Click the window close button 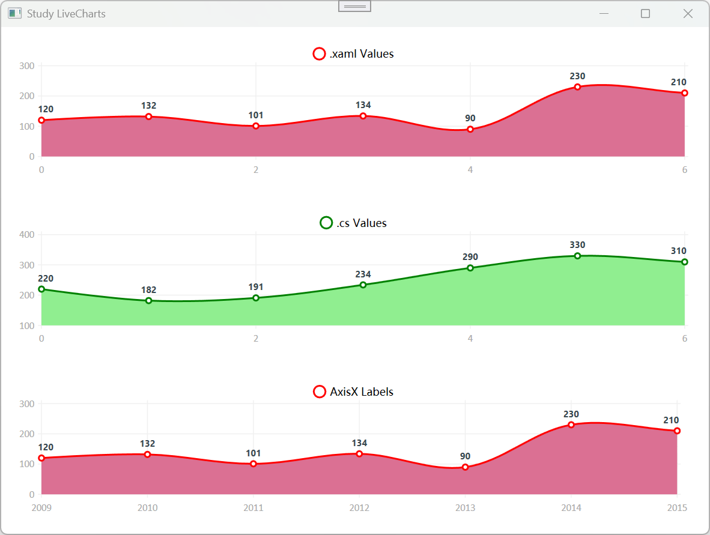[x=688, y=14]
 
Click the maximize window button [x=645, y=14]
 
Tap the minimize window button [x=604, y=14]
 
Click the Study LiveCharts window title [x=66, y=14]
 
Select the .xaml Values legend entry [x=354, y=54]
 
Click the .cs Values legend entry [x=354, y=223]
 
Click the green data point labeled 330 [x=577, y=256]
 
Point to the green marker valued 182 [x=148, y=301]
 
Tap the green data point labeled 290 [x=470, y=268]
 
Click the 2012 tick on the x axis [x=359, y=508]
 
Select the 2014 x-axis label [x=571, y=508]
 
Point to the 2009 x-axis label [x=41, y=508]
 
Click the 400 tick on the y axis [x=26, y=235]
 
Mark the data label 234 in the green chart [x=363, y=274]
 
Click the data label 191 [x=256, y=287]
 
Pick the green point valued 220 [x=41, y=289]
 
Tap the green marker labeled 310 [x=685, y=262]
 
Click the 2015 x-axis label [x=677, y=508]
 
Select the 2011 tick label [x=253, y=508]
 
